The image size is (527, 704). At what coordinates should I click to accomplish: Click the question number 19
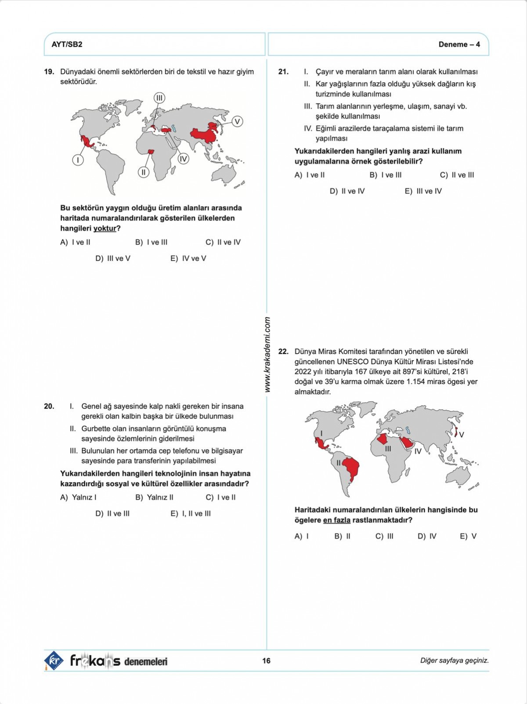(x=49, y=72)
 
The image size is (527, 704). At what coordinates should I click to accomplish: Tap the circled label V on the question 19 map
(x=237, y=121)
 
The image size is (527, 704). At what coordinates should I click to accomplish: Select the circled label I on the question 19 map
(x=78, y=160)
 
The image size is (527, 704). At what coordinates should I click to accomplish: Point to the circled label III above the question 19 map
(x=159, y=98)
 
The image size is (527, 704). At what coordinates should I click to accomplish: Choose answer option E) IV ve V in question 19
(x=188, y=258)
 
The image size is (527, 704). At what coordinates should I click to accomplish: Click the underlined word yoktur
(x=105, y=229)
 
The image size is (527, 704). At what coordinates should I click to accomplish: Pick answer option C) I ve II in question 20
(x=220, y=497)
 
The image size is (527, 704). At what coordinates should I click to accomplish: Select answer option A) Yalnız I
(x=78, y=497)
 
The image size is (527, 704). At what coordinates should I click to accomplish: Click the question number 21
(x=283, y=72)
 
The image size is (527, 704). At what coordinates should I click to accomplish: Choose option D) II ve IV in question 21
(x=347, y=191)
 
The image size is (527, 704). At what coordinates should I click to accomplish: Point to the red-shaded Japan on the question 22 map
(x=457, y=432)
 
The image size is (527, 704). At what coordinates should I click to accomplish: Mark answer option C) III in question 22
(x=384, y=536)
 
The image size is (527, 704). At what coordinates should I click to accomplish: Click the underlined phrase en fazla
(x=336, y=520)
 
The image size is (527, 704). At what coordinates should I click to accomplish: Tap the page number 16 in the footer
(x=266, y=660)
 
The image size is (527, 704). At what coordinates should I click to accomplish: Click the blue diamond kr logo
(x=54, y=660)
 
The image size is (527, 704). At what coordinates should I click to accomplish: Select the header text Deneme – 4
(x=459, y=44)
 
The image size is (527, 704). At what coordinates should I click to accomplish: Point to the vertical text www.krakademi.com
(x=267, y=354)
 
